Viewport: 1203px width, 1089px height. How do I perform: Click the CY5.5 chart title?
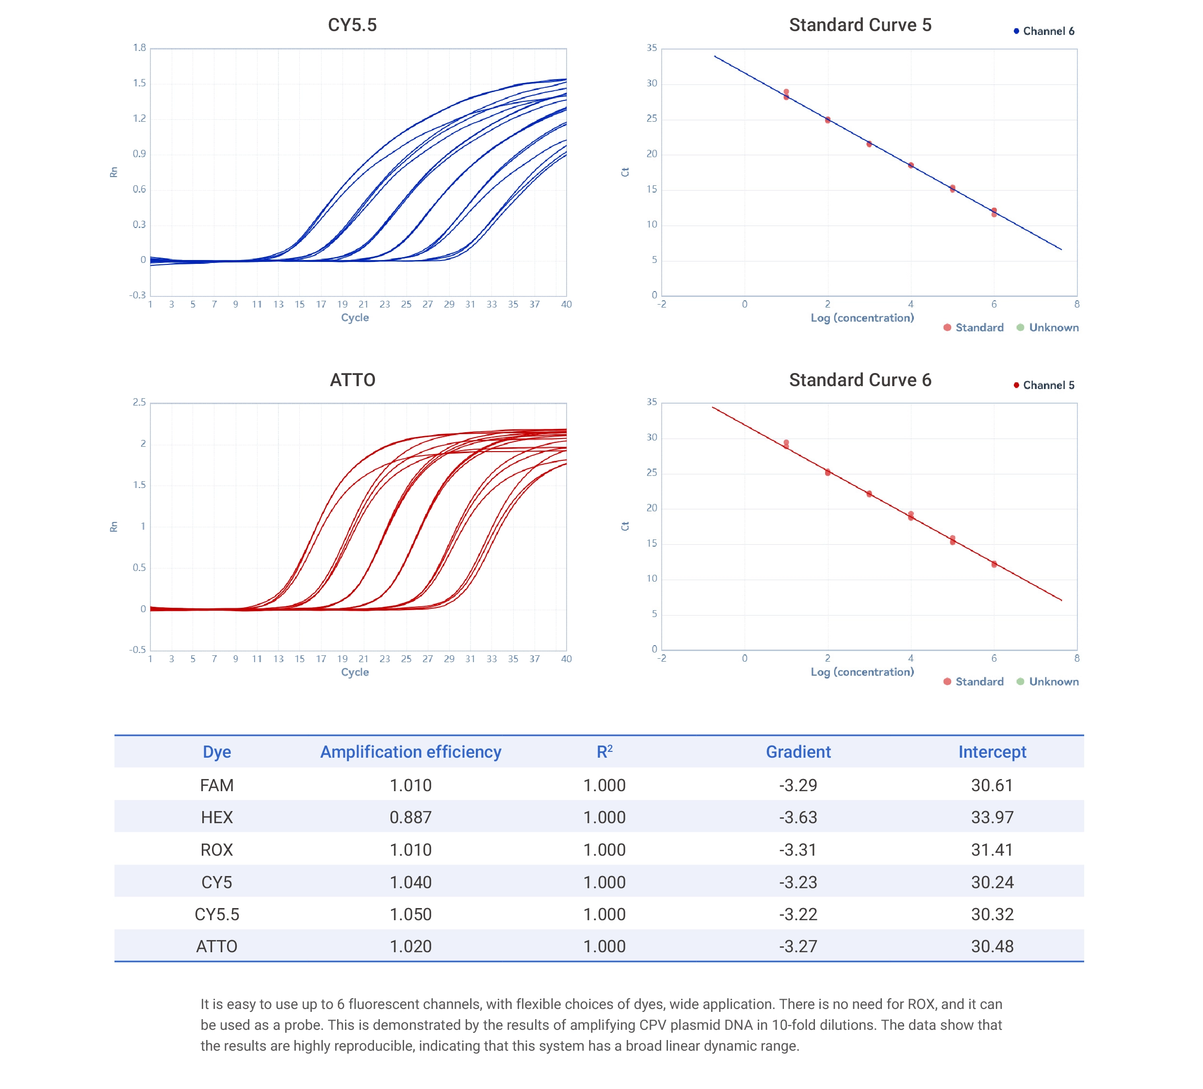pyautogui.click(x=352, y=25)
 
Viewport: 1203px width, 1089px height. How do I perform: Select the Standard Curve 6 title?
pyautogui.click(x=860, y=380)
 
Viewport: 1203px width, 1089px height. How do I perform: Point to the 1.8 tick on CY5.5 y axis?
pyautogui.click(x=139, y=48)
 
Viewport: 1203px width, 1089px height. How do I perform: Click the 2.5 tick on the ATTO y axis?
pyautogui.click(x=139, y=402)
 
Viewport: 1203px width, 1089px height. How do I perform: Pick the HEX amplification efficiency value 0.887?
pyautogui.click(x=410, y=817)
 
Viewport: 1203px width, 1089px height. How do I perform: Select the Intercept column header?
pyautogui.click(x=992, y=752)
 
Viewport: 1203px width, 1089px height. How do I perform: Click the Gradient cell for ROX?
pyautogui.click(x=798, y=850)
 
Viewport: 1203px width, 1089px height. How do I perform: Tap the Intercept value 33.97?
pyautogui.click(x=992, y=817)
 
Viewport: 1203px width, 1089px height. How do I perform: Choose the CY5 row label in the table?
pyautogui.click(x=217, y=882)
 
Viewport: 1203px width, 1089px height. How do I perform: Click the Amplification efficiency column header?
pyautogui.click(x=410, y=752)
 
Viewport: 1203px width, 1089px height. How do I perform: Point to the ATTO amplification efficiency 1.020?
pyautogui.click(x=410, y=946)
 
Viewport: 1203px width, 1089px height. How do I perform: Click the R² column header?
pyautogui.click(x=604, y=752)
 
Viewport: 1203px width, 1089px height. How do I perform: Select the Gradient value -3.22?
pyautogui.click(x=798, y=914)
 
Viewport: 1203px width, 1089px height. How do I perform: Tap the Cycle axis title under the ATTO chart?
pyautogui.click(x=355, y=672)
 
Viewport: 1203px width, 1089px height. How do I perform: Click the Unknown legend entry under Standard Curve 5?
pyautogui.click(x=1053, y=327)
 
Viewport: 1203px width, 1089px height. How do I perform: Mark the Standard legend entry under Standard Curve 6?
pyautogui.click(x=978, y=682)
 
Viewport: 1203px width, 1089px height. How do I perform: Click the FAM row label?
pyautogui.click(x=217, y=785)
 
